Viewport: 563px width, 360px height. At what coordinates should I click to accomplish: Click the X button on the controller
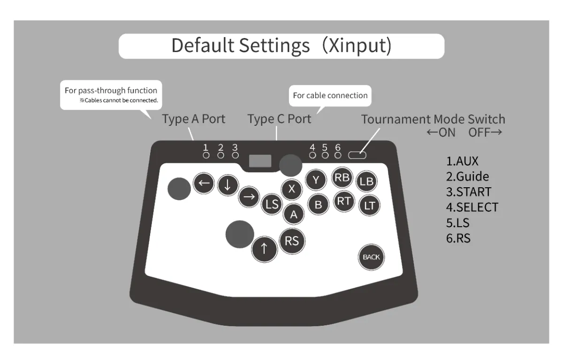coord(291,189)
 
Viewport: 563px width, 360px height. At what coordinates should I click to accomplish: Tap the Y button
coord(316,179)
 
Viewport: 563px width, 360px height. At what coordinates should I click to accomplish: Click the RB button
coord(342,177)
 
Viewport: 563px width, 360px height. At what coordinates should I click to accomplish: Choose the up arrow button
coord(264,249)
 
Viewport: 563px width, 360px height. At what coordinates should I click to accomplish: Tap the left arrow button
coord(204,183)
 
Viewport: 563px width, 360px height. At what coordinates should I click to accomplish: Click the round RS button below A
coord(292,240)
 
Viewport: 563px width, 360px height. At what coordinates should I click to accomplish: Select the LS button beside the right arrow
coord(272,205)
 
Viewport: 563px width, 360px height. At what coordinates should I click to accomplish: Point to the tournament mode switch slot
coord(357,155)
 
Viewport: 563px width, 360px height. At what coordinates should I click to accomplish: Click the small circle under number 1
coord(206,155)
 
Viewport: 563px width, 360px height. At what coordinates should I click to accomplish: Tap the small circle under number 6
coord(338,155)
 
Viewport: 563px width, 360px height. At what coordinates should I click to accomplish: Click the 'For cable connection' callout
coord(330,95)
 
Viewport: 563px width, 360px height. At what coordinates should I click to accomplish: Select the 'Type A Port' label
coord(194,119)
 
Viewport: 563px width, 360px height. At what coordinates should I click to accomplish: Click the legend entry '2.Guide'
coord(467,176)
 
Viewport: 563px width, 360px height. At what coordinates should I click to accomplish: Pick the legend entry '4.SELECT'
coord(472,207)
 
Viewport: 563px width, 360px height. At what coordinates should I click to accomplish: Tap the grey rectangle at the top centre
coord(260,161)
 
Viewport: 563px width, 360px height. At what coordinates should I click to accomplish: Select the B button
coord(318,204)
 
